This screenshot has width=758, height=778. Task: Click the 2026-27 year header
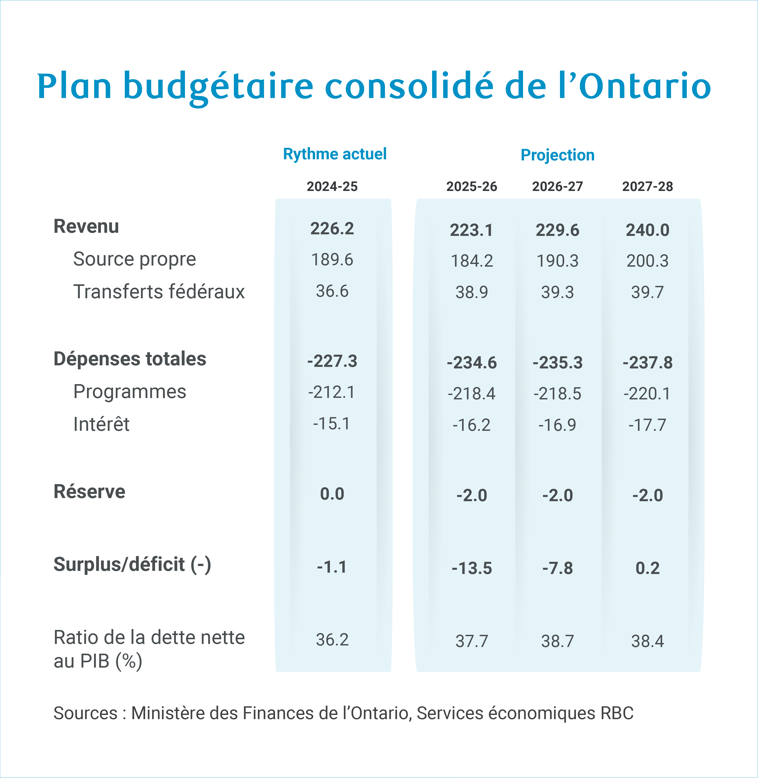[557, 186]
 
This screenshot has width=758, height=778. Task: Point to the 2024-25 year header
[332, 186]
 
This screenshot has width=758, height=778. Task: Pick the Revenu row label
[86, 227]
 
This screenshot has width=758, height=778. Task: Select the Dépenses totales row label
[130, 359]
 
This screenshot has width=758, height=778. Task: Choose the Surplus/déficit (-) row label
[132, 565]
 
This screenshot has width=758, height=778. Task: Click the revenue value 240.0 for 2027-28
[647, 230]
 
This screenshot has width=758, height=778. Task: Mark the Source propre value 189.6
[332, 260]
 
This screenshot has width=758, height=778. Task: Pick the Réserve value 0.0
[332, 494]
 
